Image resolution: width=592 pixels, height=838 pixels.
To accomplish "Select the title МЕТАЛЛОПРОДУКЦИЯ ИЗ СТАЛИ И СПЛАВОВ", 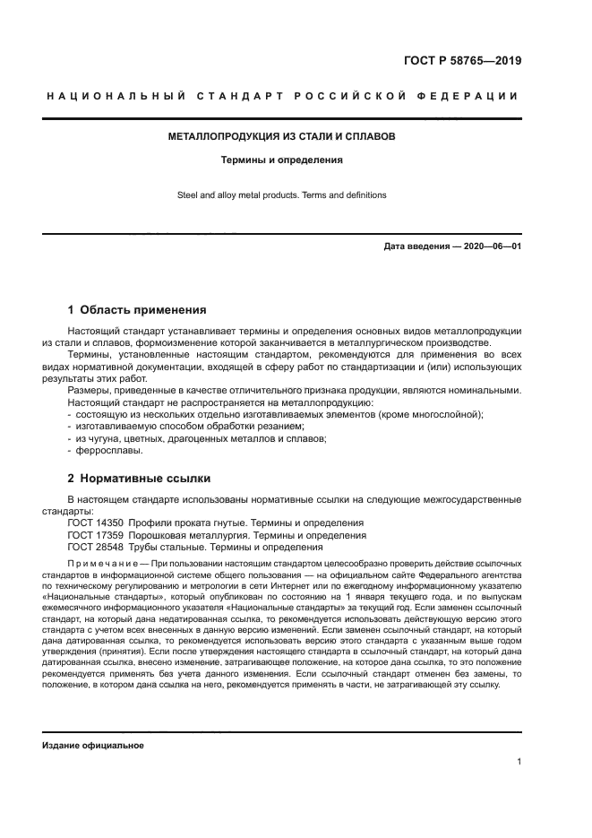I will coord(282,137).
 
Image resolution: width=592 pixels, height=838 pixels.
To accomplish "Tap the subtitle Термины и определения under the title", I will coord(282,161).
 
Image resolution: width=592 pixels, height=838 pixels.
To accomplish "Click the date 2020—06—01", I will coord(491,246).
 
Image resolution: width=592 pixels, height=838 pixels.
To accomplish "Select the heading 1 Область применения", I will coord(137,310).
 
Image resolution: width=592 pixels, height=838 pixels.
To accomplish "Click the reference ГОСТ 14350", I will coord(94,523).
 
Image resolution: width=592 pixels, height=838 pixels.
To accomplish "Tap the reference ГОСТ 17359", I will coord(94,535).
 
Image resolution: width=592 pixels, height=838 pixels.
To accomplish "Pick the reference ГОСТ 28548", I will coord(94,547).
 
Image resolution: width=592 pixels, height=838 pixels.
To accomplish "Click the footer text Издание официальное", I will coord(92,746).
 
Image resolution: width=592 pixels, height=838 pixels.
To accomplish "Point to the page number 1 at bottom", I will coord(519,762).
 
